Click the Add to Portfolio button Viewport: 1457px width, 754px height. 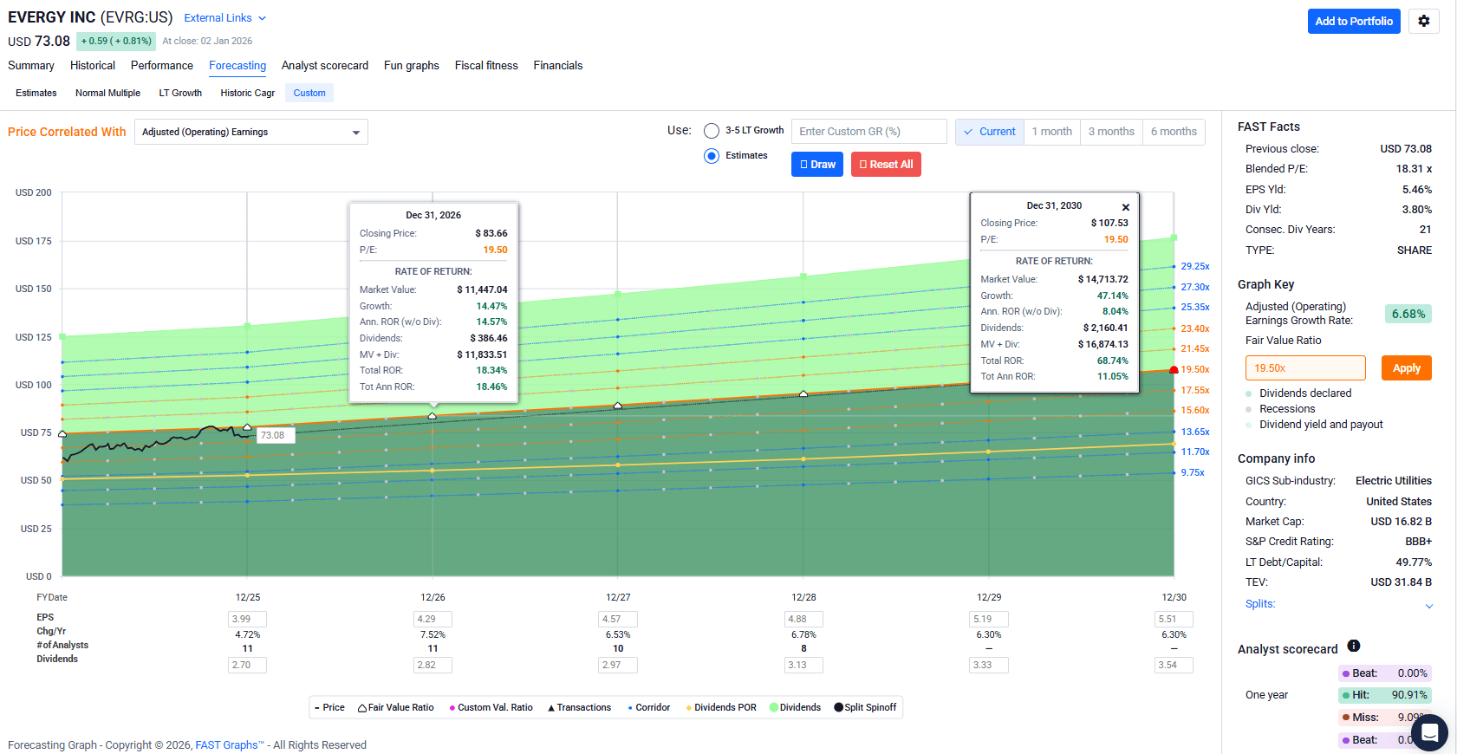(x=1353, y=22)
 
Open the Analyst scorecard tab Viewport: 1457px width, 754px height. (x=324, y=66)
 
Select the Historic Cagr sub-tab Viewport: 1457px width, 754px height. (x=247, y=94)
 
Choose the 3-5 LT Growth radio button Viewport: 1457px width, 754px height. (x=712, y=131)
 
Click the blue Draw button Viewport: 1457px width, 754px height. (x=817, y=165)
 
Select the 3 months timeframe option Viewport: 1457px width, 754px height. (x=1110, y=132)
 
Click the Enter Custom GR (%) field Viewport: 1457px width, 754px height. (x=868, y=132)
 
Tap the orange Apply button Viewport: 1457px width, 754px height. (x=1406, y=368)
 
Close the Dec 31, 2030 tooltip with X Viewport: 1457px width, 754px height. (x=1125, y=207)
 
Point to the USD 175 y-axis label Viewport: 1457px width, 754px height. (x=34, y=241)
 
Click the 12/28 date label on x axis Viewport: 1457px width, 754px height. (x=803, y=598)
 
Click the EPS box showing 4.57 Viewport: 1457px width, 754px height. (x=618, y=620)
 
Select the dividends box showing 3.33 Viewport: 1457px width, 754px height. (x=988, y=666)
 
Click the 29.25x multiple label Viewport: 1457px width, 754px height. (x=1194, y=267)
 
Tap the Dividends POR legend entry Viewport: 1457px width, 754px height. (x=721, y=708)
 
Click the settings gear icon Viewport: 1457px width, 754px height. (x=1423, y=22)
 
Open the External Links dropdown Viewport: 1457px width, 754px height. (x=224, y=18)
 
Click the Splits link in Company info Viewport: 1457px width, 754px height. (x=1260, y=604)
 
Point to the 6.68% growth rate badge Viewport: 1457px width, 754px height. (x=1408, y=315)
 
